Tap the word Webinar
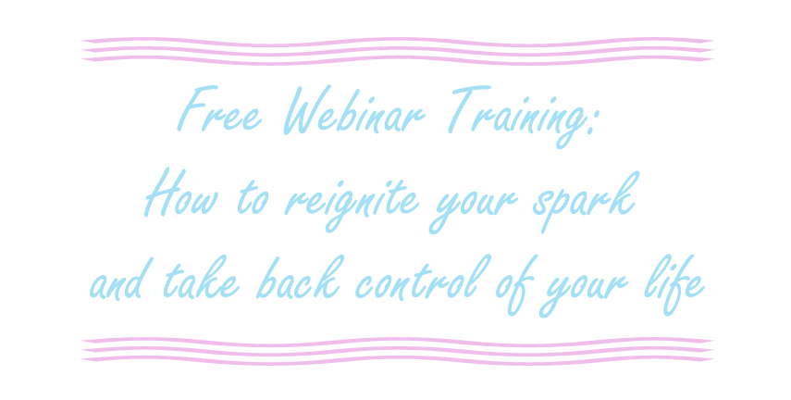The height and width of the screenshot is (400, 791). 354,110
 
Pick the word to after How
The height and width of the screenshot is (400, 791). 253,198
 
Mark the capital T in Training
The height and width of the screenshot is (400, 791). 468,109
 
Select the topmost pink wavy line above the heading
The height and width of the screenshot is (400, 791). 398,42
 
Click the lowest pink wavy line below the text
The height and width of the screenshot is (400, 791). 398,360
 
